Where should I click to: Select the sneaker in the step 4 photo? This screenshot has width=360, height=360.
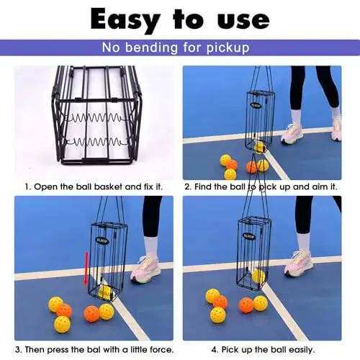[x=299, y=264]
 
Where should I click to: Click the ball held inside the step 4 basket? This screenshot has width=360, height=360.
[x=258, y=276]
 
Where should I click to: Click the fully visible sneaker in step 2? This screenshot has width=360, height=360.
[x=292, y=134]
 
